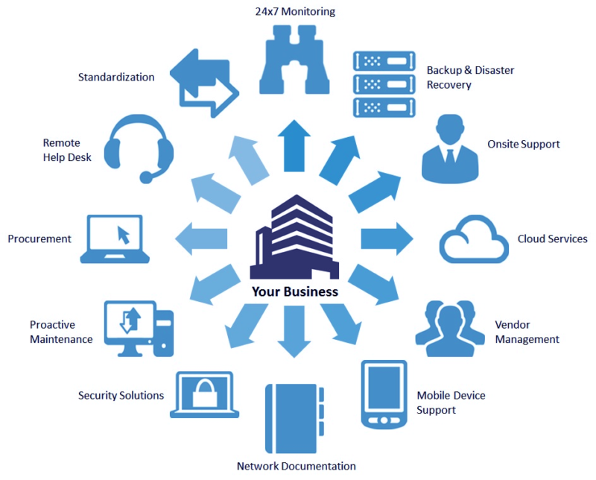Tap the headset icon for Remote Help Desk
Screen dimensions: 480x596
(139, 148)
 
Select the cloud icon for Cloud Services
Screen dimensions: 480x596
(474, 239)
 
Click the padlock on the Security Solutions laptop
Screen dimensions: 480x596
(203, 392)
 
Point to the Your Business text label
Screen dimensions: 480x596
(295, 291)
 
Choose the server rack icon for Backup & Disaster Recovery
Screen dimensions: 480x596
(383, 83)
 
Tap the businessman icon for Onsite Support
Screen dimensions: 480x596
(450, 148)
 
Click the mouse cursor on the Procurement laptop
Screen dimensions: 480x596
(124, 236)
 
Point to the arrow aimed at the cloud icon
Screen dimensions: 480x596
(387, 239)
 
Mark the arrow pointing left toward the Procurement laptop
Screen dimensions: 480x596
(202, 239)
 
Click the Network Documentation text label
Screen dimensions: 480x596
(296, 466)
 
